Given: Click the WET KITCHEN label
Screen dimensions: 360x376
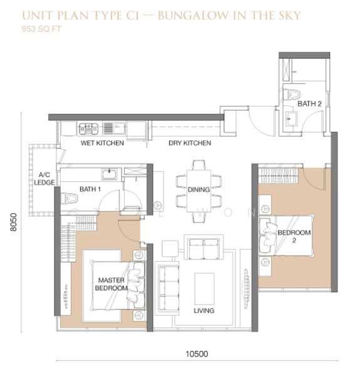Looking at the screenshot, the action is click(102, 143).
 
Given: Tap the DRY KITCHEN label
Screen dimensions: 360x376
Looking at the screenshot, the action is click(190, 143).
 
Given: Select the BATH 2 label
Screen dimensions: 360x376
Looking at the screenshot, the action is click(309, 104).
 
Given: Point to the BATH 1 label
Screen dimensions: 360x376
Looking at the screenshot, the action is click(90, 189).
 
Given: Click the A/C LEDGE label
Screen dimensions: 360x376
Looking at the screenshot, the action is click(44, 179).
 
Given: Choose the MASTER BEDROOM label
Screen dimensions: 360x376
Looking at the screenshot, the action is click(111, 284).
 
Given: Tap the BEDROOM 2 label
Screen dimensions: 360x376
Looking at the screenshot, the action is click(294, 236).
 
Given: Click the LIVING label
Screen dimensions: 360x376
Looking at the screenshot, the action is click(204, 311).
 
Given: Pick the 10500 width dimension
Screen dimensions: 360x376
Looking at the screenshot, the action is click(197, 354).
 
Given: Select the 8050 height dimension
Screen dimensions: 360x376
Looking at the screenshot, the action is click(14, 222).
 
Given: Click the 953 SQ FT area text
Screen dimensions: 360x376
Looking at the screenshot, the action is click(41, 29).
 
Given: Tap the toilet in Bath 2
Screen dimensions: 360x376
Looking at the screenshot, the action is click(292, 94).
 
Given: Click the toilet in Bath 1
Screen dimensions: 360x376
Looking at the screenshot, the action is click(69, 198).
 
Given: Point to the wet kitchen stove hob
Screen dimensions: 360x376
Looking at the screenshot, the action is click(89, 128).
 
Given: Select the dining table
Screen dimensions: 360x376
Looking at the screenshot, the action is click(199, 191).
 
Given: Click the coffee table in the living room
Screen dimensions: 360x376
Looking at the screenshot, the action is click(204, 288).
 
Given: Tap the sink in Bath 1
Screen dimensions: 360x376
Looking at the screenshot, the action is click(110, 174).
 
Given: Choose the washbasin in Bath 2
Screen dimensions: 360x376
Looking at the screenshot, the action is click(292, 118).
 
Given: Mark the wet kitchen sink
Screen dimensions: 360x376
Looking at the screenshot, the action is click(115, 128).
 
